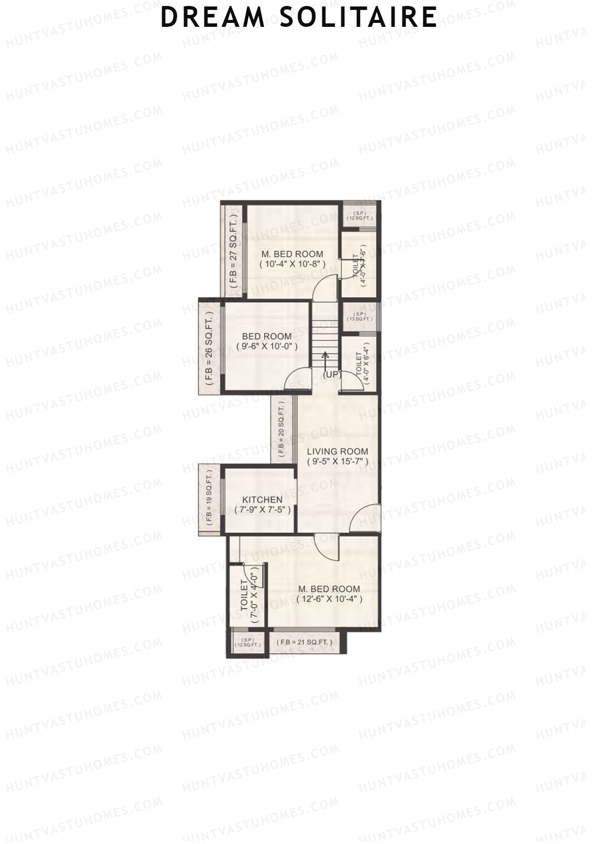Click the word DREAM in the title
point(212,17)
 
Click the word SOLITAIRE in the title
point(358,17)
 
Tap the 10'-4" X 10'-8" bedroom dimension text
point(293,265)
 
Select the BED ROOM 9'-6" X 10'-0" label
point(267,341)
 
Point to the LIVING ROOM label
point(337,452)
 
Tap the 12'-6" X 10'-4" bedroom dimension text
point(329,599)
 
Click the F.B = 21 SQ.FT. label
point(303,642)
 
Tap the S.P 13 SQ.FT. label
point(360,316)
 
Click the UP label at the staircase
point(332,375)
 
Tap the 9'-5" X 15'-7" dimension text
point(337,462)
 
